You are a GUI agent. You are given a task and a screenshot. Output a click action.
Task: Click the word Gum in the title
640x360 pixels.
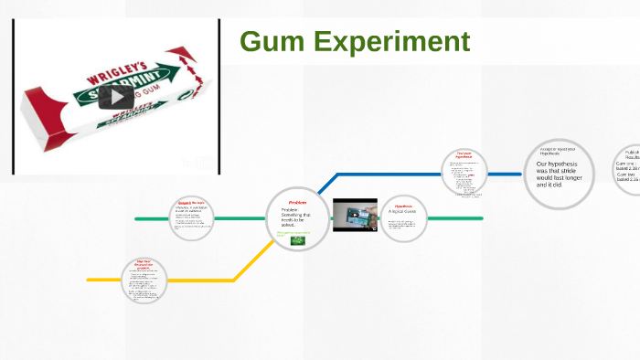271,42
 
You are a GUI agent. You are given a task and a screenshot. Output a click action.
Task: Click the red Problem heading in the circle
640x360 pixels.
297,202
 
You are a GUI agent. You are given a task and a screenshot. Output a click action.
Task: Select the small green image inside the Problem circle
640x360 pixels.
297,241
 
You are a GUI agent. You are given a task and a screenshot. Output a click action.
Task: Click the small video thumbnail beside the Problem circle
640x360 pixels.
355,216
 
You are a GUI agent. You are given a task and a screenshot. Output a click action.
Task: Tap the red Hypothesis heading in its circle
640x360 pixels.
403,206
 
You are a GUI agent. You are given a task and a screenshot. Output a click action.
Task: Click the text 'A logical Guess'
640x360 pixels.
402,212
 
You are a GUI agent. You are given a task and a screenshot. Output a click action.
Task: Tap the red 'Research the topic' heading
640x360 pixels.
191,202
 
